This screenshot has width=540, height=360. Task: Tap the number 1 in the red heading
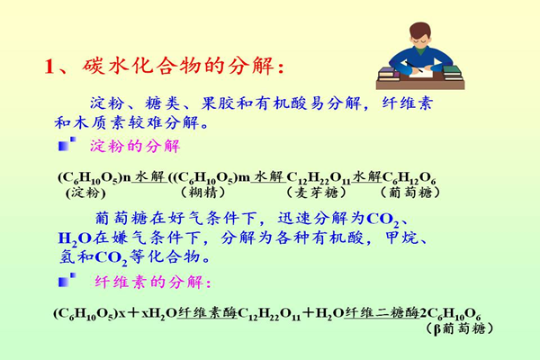click(x=49, y=66)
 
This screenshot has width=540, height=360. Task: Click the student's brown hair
click(x=420, y=30)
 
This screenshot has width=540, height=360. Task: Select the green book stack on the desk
click(x=452, y=72)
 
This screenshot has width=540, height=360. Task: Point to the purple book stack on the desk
click(x=389, y=74)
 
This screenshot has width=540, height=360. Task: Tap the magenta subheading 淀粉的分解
click(x=135, y=146)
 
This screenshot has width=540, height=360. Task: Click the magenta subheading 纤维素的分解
click(x=153, y=282)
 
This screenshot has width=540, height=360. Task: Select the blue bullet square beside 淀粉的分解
click(x=67, y=144)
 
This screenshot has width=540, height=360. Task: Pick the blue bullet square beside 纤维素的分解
click(x=67, y=280)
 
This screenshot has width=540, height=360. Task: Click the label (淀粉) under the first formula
click(x=85, y=193)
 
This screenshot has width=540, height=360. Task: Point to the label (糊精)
click(x=202, y=193)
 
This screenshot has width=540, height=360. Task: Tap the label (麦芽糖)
click(x=316, y=193)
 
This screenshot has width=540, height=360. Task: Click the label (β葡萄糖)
click(x=459, y=328)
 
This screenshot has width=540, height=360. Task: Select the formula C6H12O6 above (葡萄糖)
click(x=409, y=178)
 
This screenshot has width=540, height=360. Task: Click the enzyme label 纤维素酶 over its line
click(x=207, y=312)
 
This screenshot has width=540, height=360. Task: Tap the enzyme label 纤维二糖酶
click(x=382, y=312)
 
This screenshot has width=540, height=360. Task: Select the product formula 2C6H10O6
click(x=450, y=314)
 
